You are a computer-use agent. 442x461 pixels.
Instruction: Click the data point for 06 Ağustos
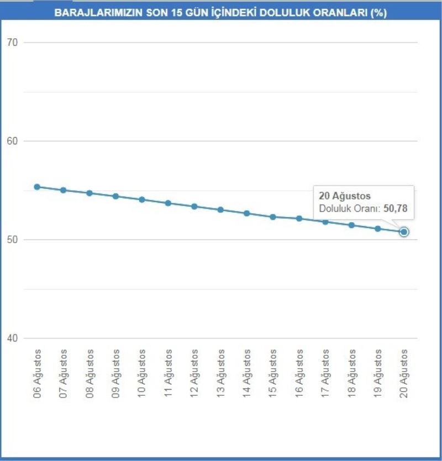click(37, 187)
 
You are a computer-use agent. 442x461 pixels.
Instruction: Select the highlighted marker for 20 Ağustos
click(404, 232)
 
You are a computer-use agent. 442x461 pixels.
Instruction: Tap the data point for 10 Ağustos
click(142, 200)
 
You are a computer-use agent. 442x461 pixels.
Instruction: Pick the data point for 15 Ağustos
click(273, 217)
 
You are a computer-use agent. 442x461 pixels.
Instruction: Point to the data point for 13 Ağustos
click(220, 209)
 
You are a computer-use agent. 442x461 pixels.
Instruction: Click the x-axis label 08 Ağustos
click(90, 374)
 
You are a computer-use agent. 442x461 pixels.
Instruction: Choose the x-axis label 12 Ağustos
click(194, 374)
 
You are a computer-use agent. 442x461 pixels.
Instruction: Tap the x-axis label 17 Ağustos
click(325, 374)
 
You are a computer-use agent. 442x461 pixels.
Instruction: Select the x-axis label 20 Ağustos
click(404, 374)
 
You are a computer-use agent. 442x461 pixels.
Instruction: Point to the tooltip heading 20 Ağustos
click(345, 196)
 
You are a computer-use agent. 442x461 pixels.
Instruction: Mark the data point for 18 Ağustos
click(351, 225)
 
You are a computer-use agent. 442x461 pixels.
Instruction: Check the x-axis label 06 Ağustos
click(38, 374)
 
